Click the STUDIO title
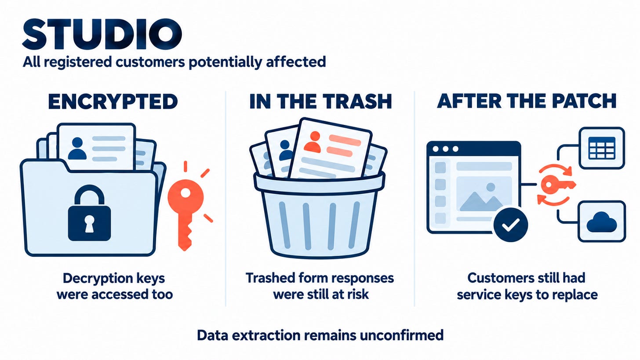pos(102,34)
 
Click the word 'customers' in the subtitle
pos(149,62)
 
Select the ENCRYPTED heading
pos(113,101)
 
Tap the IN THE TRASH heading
pos(320,101)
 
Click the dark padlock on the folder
pos(89,213)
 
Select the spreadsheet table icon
pos(602,148)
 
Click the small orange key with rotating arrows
pos(556,185)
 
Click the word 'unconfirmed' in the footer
pos(401,335)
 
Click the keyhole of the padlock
pos(89,223)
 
